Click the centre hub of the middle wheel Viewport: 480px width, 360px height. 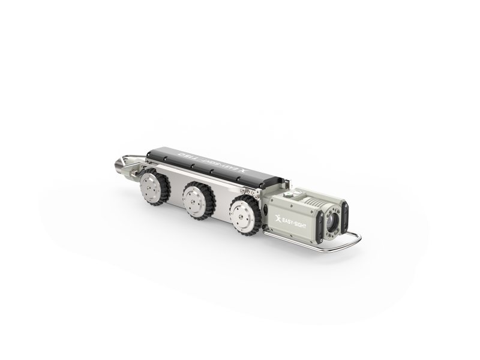point(195,197)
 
